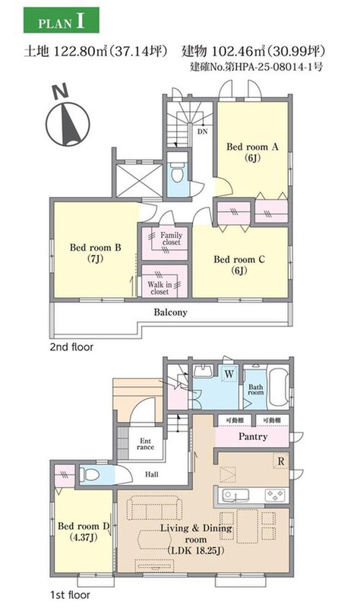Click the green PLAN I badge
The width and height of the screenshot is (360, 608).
coord(62,21)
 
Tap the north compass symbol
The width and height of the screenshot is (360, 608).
coord(68,118)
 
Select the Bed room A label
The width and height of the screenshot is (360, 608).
coord(252,152)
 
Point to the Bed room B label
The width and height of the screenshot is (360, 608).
coord(96,253)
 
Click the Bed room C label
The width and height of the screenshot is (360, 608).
coord(239,264)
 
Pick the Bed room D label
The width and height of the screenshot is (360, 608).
coord(84,531)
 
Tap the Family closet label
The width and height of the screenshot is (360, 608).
coord(171,239)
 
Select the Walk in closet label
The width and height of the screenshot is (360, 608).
coord(159,288)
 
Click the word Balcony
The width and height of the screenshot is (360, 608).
coord(170,312)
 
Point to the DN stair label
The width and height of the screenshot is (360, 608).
coord(203,131)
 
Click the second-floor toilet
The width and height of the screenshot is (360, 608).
coord(178,173)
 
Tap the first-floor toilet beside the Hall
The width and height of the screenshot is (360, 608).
coord(91,473)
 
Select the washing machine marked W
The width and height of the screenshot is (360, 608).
coord(229,374)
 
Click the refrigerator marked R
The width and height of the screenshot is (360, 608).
coord(281,461)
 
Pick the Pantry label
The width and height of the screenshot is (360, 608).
coord(253,436)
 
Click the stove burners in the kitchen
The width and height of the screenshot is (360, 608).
coord(275,496)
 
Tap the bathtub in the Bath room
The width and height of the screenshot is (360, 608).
coord(279,387)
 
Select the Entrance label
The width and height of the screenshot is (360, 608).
coord(145,444)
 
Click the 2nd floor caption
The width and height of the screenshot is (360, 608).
coord(71,347)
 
